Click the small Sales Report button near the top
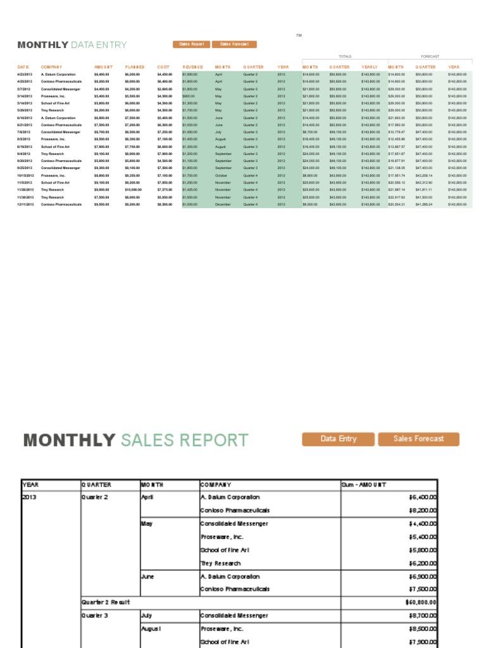tap(191, 44)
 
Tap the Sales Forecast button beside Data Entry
tap(418, 439)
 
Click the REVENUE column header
tap(192, 66)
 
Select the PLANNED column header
tap(135, 66)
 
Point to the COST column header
tap(163, 66)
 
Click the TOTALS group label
tap(345, 56)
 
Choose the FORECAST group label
tap(430, 56)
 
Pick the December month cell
tap(223, 204)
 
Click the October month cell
tap(221, 175)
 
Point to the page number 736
tap(299, 35)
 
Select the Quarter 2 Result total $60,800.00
tap(420, 602)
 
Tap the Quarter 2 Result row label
tap(106, 602)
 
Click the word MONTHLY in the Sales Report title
tap(70, 440)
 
